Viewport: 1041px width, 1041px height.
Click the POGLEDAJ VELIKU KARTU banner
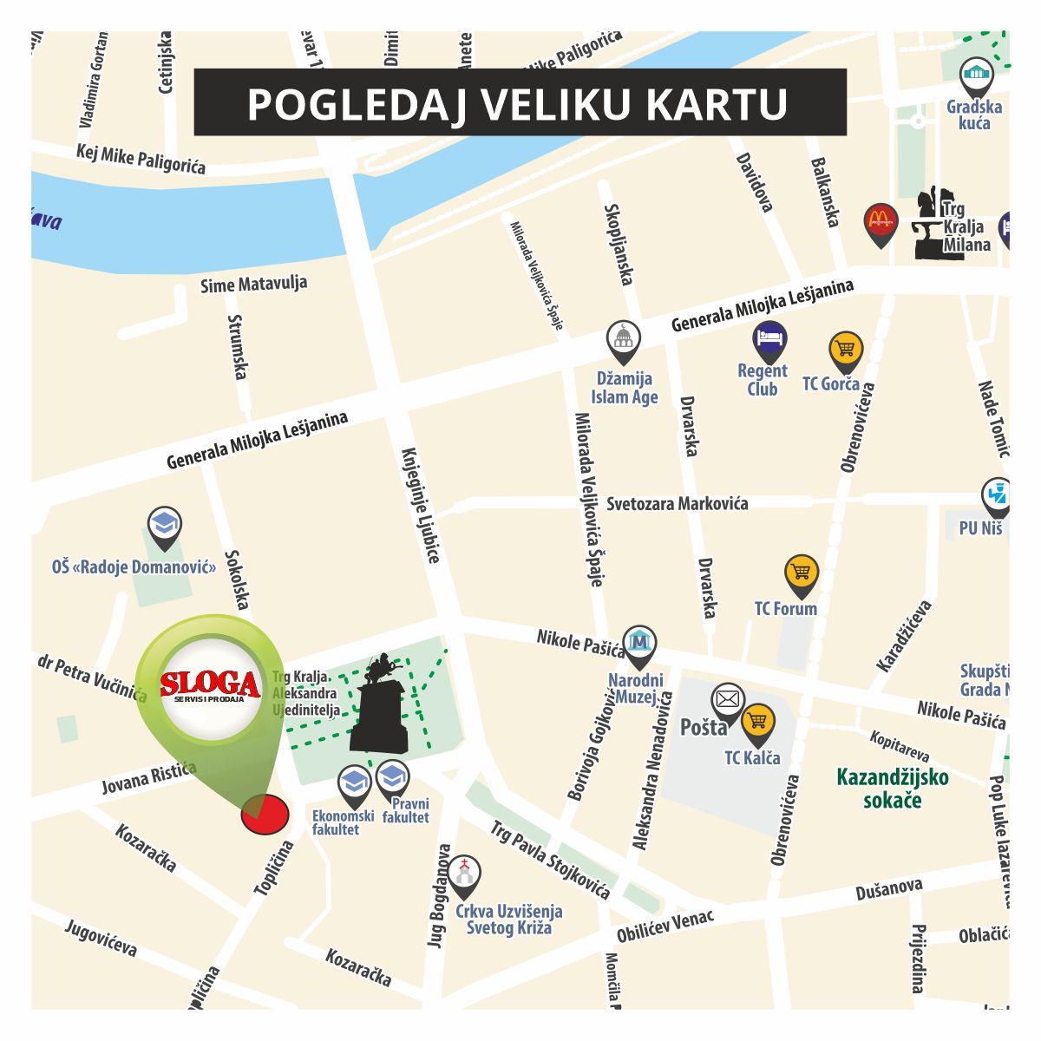519,102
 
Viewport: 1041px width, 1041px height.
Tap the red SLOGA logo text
210,684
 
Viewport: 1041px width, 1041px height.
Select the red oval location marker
265,815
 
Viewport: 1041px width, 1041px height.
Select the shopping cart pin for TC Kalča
758,721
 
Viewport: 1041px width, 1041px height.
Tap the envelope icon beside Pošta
727,700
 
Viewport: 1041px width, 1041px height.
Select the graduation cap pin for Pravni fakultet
392,776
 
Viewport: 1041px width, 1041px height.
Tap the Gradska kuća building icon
977,74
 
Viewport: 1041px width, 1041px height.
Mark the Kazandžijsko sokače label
892,788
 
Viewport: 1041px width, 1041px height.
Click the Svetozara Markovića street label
677,504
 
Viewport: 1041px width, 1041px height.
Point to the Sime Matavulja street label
253,285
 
